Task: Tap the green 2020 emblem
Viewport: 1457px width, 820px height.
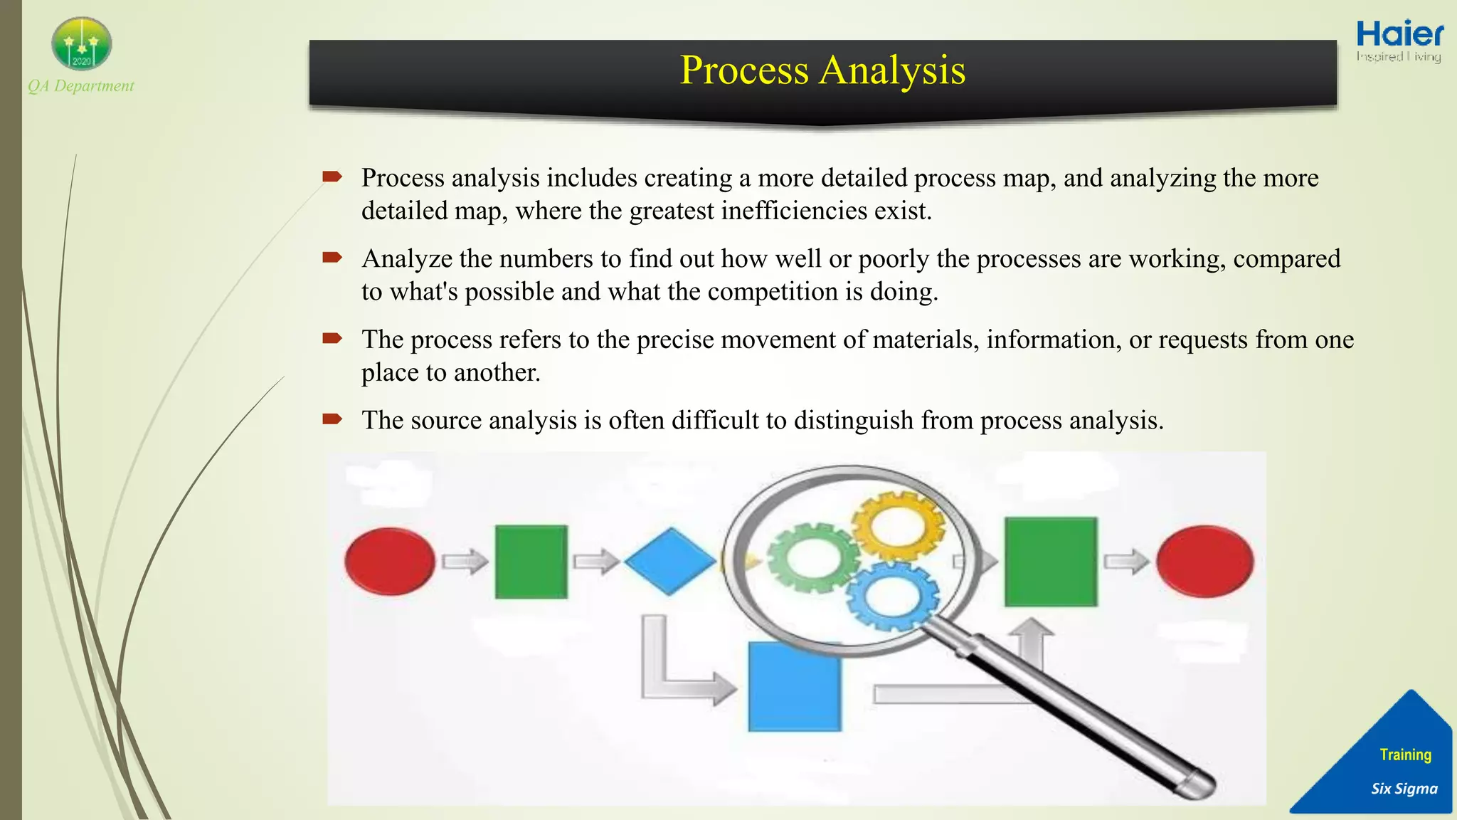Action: pos(82,44)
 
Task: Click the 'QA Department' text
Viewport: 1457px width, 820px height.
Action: pos(81,86)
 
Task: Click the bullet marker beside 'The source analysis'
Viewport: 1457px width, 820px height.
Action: pos(332,419)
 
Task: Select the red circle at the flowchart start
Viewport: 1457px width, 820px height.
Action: pos(390,561)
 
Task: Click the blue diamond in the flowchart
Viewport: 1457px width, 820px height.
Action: pos(669,561)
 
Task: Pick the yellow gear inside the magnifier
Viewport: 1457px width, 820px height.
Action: pos(898,527)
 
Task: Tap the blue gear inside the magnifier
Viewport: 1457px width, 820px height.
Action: pos(892,595)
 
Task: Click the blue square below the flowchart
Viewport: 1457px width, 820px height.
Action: pos(794,686)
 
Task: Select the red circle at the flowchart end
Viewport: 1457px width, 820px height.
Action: pos(1204,561)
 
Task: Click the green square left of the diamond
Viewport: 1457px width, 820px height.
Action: pos(531,562)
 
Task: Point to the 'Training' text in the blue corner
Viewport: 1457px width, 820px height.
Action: pos(1405,755)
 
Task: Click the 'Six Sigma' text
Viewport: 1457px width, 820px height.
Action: pos(1404,789)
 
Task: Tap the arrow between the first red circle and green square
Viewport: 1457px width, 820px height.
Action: pos(465,562)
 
